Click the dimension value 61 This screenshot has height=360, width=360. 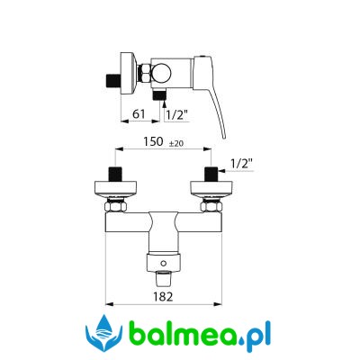tap(139, 114)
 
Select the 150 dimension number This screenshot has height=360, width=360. tap(153, 141)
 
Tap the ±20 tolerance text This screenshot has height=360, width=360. tap(176, 144)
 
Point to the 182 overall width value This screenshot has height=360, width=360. tap(163, 297)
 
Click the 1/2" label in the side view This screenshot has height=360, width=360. tap(177, 114)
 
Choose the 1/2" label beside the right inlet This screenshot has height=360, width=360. tap(242, 164)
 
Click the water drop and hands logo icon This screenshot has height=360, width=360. tap(104, 333)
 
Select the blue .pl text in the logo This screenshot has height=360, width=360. tap(255, 336)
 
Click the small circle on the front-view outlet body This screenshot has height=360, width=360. tap(164, 264)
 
